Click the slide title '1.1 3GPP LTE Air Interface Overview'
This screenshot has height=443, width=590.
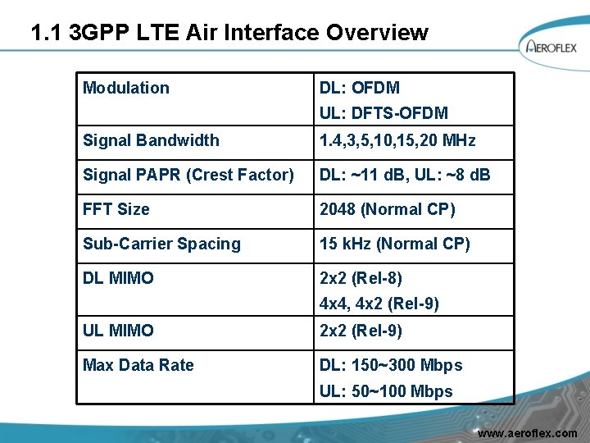click(229, 33)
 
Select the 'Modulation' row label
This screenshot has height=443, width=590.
click(126, 88)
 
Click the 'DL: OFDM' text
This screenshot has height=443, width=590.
click(360, 88)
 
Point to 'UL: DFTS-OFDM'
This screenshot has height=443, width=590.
click(383, 113)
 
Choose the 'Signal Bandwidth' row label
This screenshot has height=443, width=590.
click(151, 140)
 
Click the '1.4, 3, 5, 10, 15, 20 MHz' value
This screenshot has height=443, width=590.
click(397, 140)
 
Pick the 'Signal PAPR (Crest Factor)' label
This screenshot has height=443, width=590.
click(188, 175)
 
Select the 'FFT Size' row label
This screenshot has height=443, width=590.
click(116, 209)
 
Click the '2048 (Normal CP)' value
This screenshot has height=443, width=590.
click(387, 209)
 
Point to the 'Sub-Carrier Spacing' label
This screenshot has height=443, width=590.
click(161, 244)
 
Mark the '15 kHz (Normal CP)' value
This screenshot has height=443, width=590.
click(394, 244)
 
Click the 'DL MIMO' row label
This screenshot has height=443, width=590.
click(118, 278)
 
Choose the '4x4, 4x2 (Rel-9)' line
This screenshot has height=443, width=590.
click(379, 304)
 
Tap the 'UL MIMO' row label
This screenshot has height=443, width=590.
click(118, 331)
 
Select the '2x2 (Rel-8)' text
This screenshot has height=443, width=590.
click(361, 278)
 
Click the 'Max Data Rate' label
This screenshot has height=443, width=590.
click(138, 365)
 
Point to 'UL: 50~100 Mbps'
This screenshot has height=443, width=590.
click(385, 391)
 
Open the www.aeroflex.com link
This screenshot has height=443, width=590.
click(527, 432)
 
